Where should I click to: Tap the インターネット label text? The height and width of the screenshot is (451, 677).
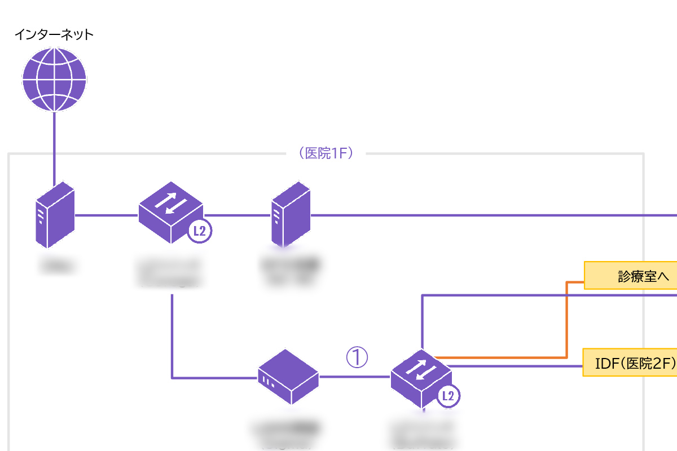click(x=54, y=35)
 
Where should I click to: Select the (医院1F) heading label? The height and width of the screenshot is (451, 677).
click(x=328, y=153)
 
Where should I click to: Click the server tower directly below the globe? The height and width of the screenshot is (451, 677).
click(x=55, y=215)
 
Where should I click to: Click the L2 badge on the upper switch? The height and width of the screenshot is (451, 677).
click(x=199, y=231)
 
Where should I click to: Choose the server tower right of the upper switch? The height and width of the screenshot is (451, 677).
click(x=291, y=215)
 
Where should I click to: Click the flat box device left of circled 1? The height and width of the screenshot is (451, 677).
click(x=288, y=376)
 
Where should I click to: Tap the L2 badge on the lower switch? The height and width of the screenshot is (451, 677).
click(x=449, y=396)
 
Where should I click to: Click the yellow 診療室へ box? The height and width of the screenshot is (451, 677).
click(x=630, y=276)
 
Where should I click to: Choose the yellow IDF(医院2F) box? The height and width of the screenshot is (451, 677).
click(x=629, y=364)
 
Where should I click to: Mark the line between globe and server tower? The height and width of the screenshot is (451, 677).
click(x=55, y=147)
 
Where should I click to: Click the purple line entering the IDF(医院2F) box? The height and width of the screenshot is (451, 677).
click(x=519, y=366)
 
